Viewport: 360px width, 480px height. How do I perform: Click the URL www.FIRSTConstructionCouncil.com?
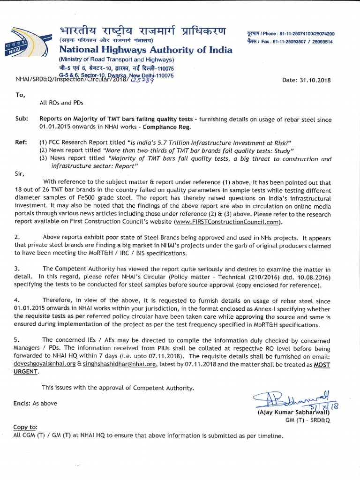tap(228, 222)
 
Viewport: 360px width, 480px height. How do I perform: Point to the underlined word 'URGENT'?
tap(27, 371)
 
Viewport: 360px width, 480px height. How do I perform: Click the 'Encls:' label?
tap(23, 403)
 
